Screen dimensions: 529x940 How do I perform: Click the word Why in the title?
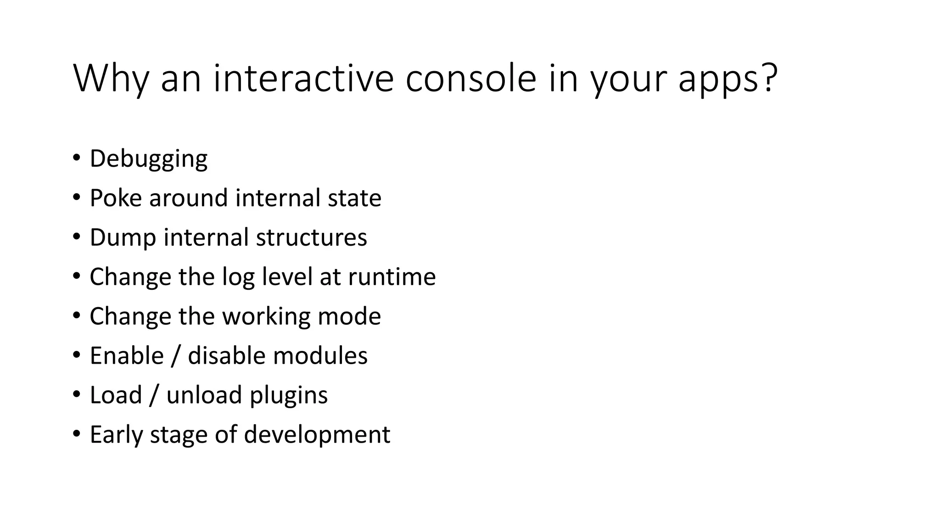(x=111, y=79)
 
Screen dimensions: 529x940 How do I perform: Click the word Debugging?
(x=148, y=159)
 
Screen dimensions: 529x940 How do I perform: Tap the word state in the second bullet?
(x=354, y=198)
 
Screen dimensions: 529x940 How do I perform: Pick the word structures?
(x=311, y=237)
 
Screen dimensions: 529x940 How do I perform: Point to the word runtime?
(x=392, y=277)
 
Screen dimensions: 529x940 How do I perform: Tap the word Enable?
(x=127, y=356)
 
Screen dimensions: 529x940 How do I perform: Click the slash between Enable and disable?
(x=175, y=356)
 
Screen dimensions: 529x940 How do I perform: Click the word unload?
(x=204, y=395)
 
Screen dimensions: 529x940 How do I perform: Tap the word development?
(x=317, y=435)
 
